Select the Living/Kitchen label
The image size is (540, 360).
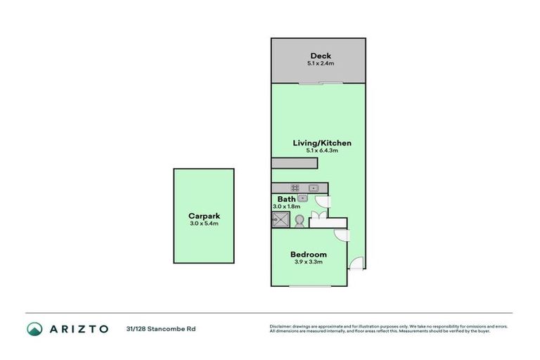point(321,143)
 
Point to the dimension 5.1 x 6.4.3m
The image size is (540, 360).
point(321,151)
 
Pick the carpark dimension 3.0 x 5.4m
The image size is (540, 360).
point(204,224)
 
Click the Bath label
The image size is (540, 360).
point(285,200)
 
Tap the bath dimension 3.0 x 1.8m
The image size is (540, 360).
point(286,207)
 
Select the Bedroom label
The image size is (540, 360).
point(309,255)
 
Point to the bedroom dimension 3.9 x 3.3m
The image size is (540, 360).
point(309,262)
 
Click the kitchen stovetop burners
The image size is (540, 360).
point(295,188)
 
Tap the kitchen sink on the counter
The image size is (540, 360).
point(314,188)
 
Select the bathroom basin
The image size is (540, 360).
point(300,199)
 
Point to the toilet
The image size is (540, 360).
point(300,221)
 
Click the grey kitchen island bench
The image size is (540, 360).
point(295,163)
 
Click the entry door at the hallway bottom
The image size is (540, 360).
point(358,264)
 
